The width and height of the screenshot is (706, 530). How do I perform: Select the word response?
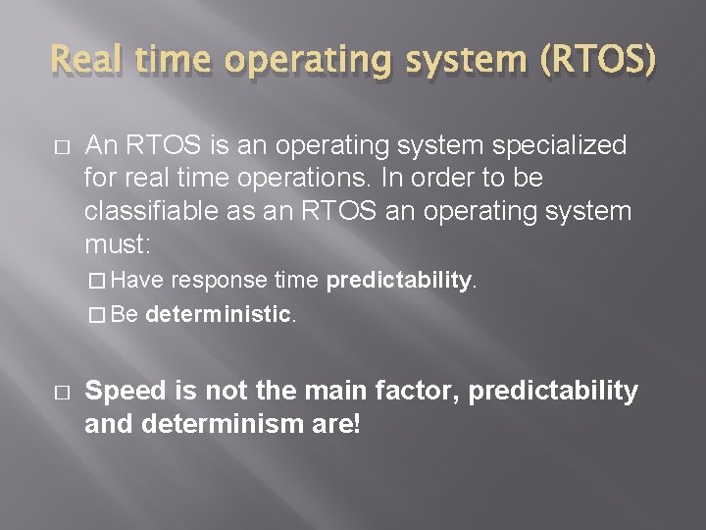220,281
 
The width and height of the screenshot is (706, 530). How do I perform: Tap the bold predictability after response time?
399,281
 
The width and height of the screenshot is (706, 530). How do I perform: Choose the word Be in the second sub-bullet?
125,315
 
